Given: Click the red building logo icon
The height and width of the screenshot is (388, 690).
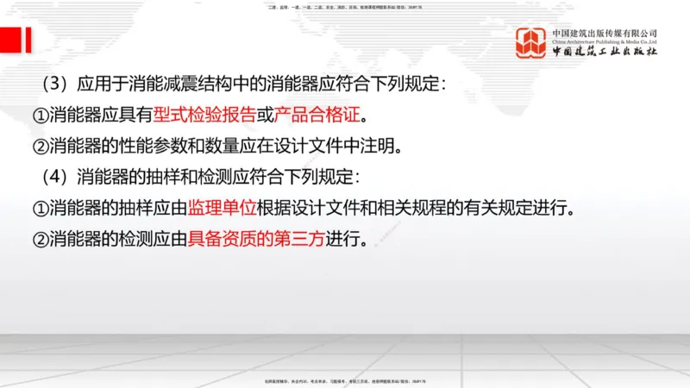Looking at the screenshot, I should click(531, 43).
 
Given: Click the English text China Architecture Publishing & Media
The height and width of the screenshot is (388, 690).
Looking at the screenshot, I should click(605, 41).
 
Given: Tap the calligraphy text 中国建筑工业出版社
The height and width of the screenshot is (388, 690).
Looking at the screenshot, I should click(605, 52).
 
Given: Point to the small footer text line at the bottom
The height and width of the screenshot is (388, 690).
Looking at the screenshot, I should click(345, 380).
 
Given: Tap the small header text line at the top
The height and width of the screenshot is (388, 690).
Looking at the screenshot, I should click(345, 7).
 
